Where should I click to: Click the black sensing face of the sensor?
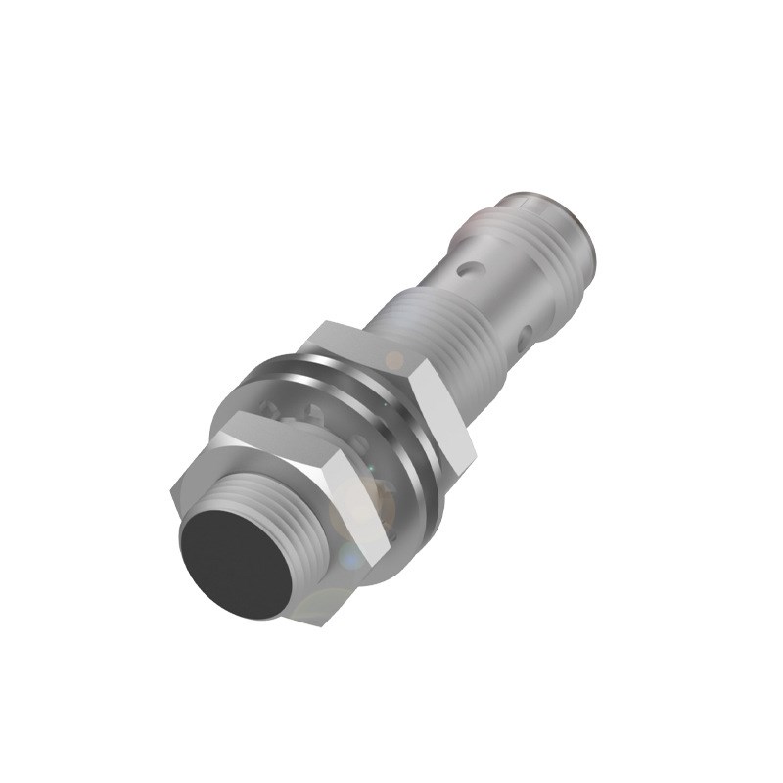pyautogui.click(x=233, y=564)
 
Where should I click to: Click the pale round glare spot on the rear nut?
pyautogui.click(x=393, y=360)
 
